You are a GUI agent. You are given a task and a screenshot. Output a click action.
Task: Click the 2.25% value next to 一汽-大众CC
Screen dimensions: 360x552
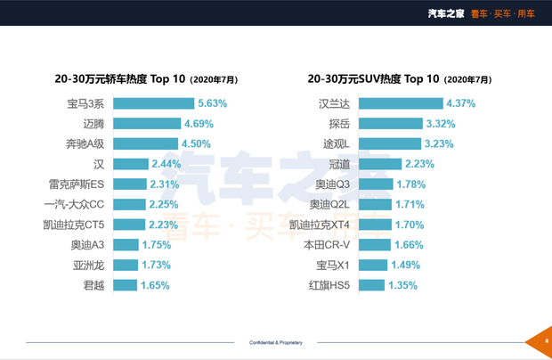pyautogui.click(x=163, y=204)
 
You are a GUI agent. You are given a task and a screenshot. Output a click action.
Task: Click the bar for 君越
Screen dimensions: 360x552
pyautogui.click(x=126, y=285)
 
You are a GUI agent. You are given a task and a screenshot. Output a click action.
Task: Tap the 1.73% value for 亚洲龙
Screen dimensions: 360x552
pyautogui.click(x=157, y=266)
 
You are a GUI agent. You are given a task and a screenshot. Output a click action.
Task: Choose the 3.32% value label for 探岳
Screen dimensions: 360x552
pyautogui.click(x=442, y=124)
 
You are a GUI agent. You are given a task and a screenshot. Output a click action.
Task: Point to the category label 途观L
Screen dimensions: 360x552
pyautogui.click(x=338, y=143)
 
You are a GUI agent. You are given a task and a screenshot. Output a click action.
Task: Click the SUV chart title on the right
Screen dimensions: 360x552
pyautogui.click(x=401, y=78)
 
